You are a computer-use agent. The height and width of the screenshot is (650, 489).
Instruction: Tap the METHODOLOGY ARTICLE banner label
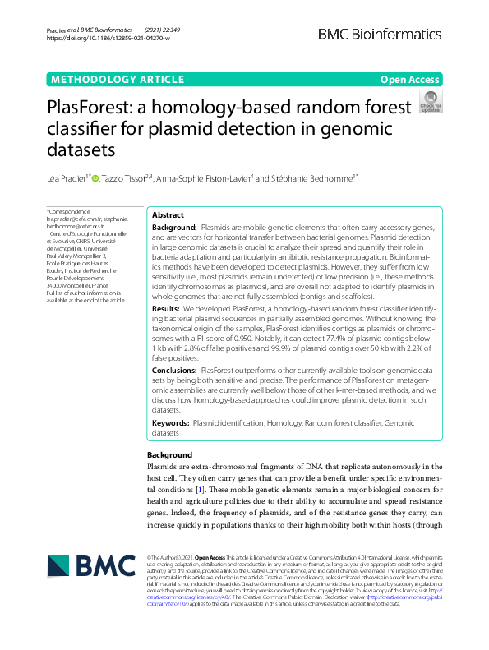click(x=117, y=80)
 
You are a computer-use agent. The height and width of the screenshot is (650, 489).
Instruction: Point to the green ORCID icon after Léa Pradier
click(x=95, y=177)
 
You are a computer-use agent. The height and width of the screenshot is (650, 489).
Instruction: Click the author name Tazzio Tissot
click(x=127, y=177)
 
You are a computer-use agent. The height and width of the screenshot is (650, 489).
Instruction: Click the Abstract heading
click(x=168, y=214)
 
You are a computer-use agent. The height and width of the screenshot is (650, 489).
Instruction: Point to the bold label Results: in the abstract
click(x=168, y=307)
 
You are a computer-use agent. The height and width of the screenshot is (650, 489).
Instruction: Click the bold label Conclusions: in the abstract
click(x=176, y=371)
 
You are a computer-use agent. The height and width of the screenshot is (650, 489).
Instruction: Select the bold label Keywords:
click(x=170, y=422)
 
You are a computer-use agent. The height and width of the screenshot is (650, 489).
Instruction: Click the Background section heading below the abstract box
click(x=170, y=454)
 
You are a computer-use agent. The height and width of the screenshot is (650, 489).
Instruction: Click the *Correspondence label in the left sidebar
click(x=68, y=211)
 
